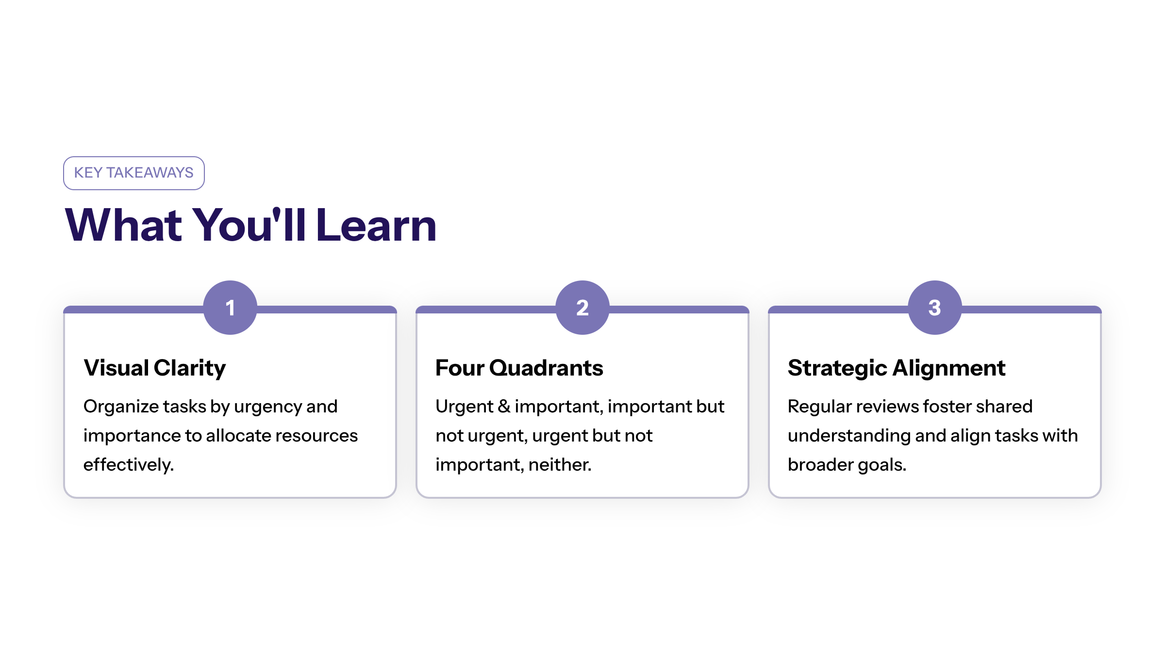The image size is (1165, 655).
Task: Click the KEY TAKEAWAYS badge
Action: [134, 173]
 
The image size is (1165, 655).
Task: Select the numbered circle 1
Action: [230, 308]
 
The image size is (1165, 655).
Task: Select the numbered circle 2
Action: [582, 308]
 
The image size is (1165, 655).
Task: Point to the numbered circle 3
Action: [935, 308]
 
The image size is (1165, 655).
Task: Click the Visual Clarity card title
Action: [155, 368]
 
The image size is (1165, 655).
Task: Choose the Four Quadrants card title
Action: [519, 368]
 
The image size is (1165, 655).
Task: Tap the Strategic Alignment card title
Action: [897, 368]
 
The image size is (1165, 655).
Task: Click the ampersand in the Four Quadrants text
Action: [504, 407]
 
